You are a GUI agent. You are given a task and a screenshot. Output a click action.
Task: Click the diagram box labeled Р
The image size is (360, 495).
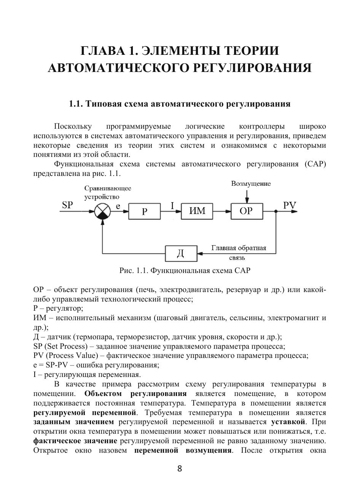(145, 211)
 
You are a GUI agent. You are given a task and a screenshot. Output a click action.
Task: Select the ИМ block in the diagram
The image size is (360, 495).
(197, 211)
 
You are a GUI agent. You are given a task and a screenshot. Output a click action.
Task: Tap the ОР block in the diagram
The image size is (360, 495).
(246, 211)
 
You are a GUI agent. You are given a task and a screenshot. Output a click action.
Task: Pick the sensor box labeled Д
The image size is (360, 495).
(181, 253)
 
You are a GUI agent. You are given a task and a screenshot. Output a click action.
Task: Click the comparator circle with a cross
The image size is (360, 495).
(102, 211)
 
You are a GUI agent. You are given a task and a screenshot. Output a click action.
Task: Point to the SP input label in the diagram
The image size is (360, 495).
(67, 205)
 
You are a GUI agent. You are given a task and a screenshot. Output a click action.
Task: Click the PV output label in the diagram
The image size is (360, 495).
(290, 205)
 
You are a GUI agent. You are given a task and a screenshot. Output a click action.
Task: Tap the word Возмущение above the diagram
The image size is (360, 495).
(251, 184)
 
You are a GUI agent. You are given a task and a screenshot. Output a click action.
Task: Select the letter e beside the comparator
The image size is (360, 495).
(118, 206)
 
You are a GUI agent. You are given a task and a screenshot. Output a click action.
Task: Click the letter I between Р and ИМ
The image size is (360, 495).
(172, 206)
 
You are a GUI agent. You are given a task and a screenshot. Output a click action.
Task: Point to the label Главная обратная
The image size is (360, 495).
(239, 248)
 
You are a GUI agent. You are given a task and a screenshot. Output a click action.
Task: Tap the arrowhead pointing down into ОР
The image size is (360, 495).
(247, 201)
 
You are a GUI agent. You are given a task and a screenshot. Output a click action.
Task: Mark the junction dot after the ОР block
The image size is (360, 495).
(276, 211)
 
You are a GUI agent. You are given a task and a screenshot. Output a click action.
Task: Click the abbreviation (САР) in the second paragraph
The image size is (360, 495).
(315, 164)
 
